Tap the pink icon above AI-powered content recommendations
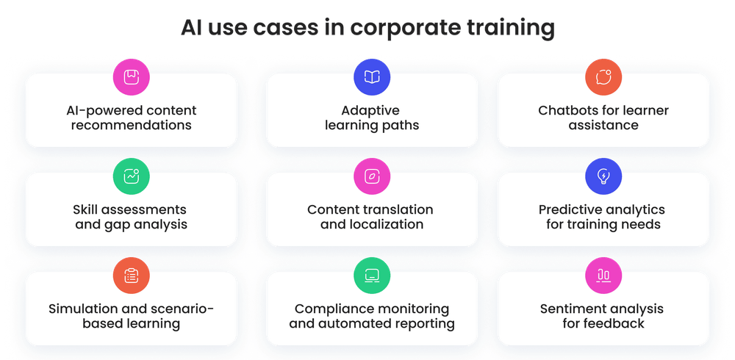tap(131, 77)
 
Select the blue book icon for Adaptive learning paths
tap(372, 77)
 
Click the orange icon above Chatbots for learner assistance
tap(603, 77)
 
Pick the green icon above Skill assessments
tap(131, 176)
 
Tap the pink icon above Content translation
tap(372, 176)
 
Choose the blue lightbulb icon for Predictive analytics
tap(603, 176)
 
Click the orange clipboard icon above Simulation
tap(131, 276)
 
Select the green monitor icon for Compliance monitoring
tap(372, 276)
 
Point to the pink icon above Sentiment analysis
tap(603, 276)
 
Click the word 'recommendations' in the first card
tap(131, 126)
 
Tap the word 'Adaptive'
tap(370, 111)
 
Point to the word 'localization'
tap(390, 225)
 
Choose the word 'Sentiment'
tap(573, 309)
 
